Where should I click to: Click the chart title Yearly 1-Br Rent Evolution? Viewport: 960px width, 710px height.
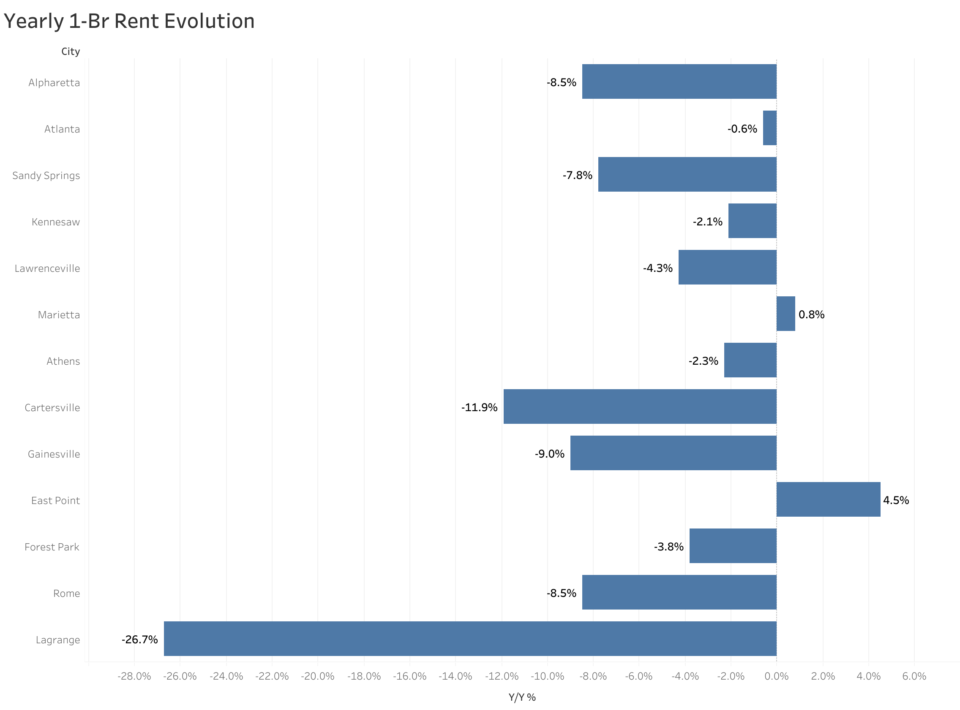point(129,22)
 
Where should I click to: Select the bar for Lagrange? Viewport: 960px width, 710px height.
point(470,638)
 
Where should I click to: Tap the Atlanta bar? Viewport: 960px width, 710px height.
point(769,128)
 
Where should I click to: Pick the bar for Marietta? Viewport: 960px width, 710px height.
point(785,314)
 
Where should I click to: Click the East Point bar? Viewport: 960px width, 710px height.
point(828,499)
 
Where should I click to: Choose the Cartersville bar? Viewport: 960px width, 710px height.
point(640,406)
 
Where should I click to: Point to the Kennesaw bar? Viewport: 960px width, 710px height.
point(752,221)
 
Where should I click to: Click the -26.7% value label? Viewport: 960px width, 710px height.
point(140,640)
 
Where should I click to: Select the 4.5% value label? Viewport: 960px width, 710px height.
point(896,500)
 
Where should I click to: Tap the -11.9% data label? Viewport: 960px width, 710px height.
point(479,407)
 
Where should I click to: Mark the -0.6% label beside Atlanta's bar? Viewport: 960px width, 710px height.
point(742,129)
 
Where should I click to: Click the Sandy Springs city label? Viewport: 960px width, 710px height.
point(46,175)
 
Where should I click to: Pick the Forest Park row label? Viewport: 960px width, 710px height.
point(52,547)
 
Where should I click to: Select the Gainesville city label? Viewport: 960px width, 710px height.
point(54,454)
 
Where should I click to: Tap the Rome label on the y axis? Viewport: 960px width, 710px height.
point(66,593)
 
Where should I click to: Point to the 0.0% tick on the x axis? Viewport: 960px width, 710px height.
point(776,676)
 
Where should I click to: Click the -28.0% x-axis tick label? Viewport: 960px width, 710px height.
point(134,676)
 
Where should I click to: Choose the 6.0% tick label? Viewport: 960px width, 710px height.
point(914,676)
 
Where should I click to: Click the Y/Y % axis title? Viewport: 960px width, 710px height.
point(522,697)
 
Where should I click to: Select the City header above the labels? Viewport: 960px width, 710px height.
point(71,51)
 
